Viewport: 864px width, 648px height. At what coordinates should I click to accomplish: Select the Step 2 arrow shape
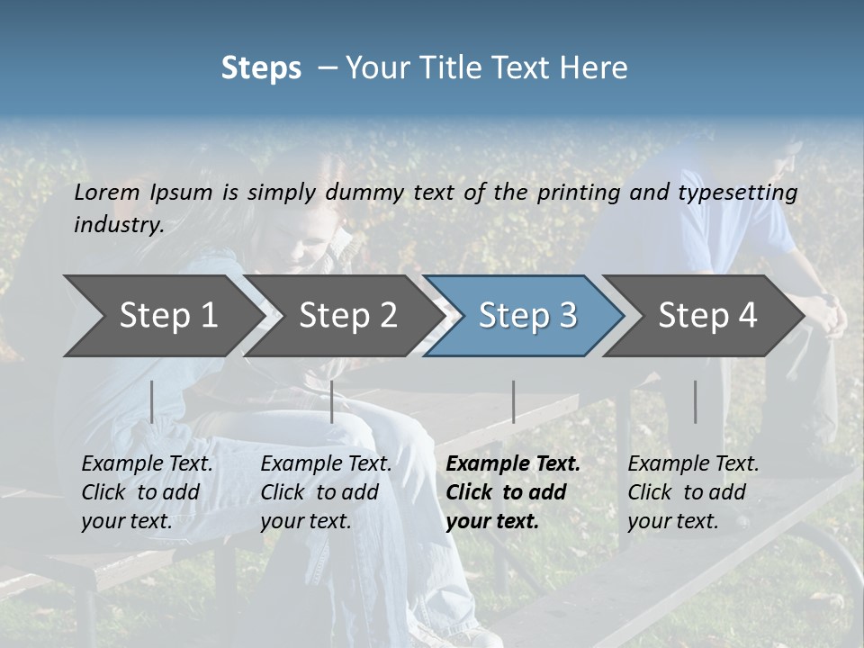(346, 316)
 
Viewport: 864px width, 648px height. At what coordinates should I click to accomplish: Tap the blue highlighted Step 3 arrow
(526, 316)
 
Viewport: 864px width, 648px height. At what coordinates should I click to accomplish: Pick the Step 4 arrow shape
(706, 316)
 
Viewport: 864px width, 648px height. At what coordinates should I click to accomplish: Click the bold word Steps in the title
(261, 68)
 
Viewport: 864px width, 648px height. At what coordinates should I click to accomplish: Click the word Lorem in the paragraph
(106, 192)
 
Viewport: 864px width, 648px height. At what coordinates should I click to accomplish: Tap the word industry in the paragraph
(118, 225)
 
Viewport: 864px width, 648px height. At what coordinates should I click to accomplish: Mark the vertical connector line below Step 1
(151, 401)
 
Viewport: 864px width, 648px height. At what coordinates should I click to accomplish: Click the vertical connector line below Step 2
(332, 401)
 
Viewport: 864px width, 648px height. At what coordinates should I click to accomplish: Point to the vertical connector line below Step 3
(513, 401)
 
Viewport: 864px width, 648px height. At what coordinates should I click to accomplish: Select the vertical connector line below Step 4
(695, 401)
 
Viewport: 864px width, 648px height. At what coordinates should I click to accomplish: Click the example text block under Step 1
(147, 492)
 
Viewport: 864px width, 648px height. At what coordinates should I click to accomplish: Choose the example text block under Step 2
(326, 492)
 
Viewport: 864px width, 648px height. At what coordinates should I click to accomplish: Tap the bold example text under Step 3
(513, 492)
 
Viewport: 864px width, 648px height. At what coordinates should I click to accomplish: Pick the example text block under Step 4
(693, 492)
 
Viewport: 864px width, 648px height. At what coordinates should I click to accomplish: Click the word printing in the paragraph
(579, 192)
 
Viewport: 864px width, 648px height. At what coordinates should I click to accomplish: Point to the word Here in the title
(598, 68)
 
